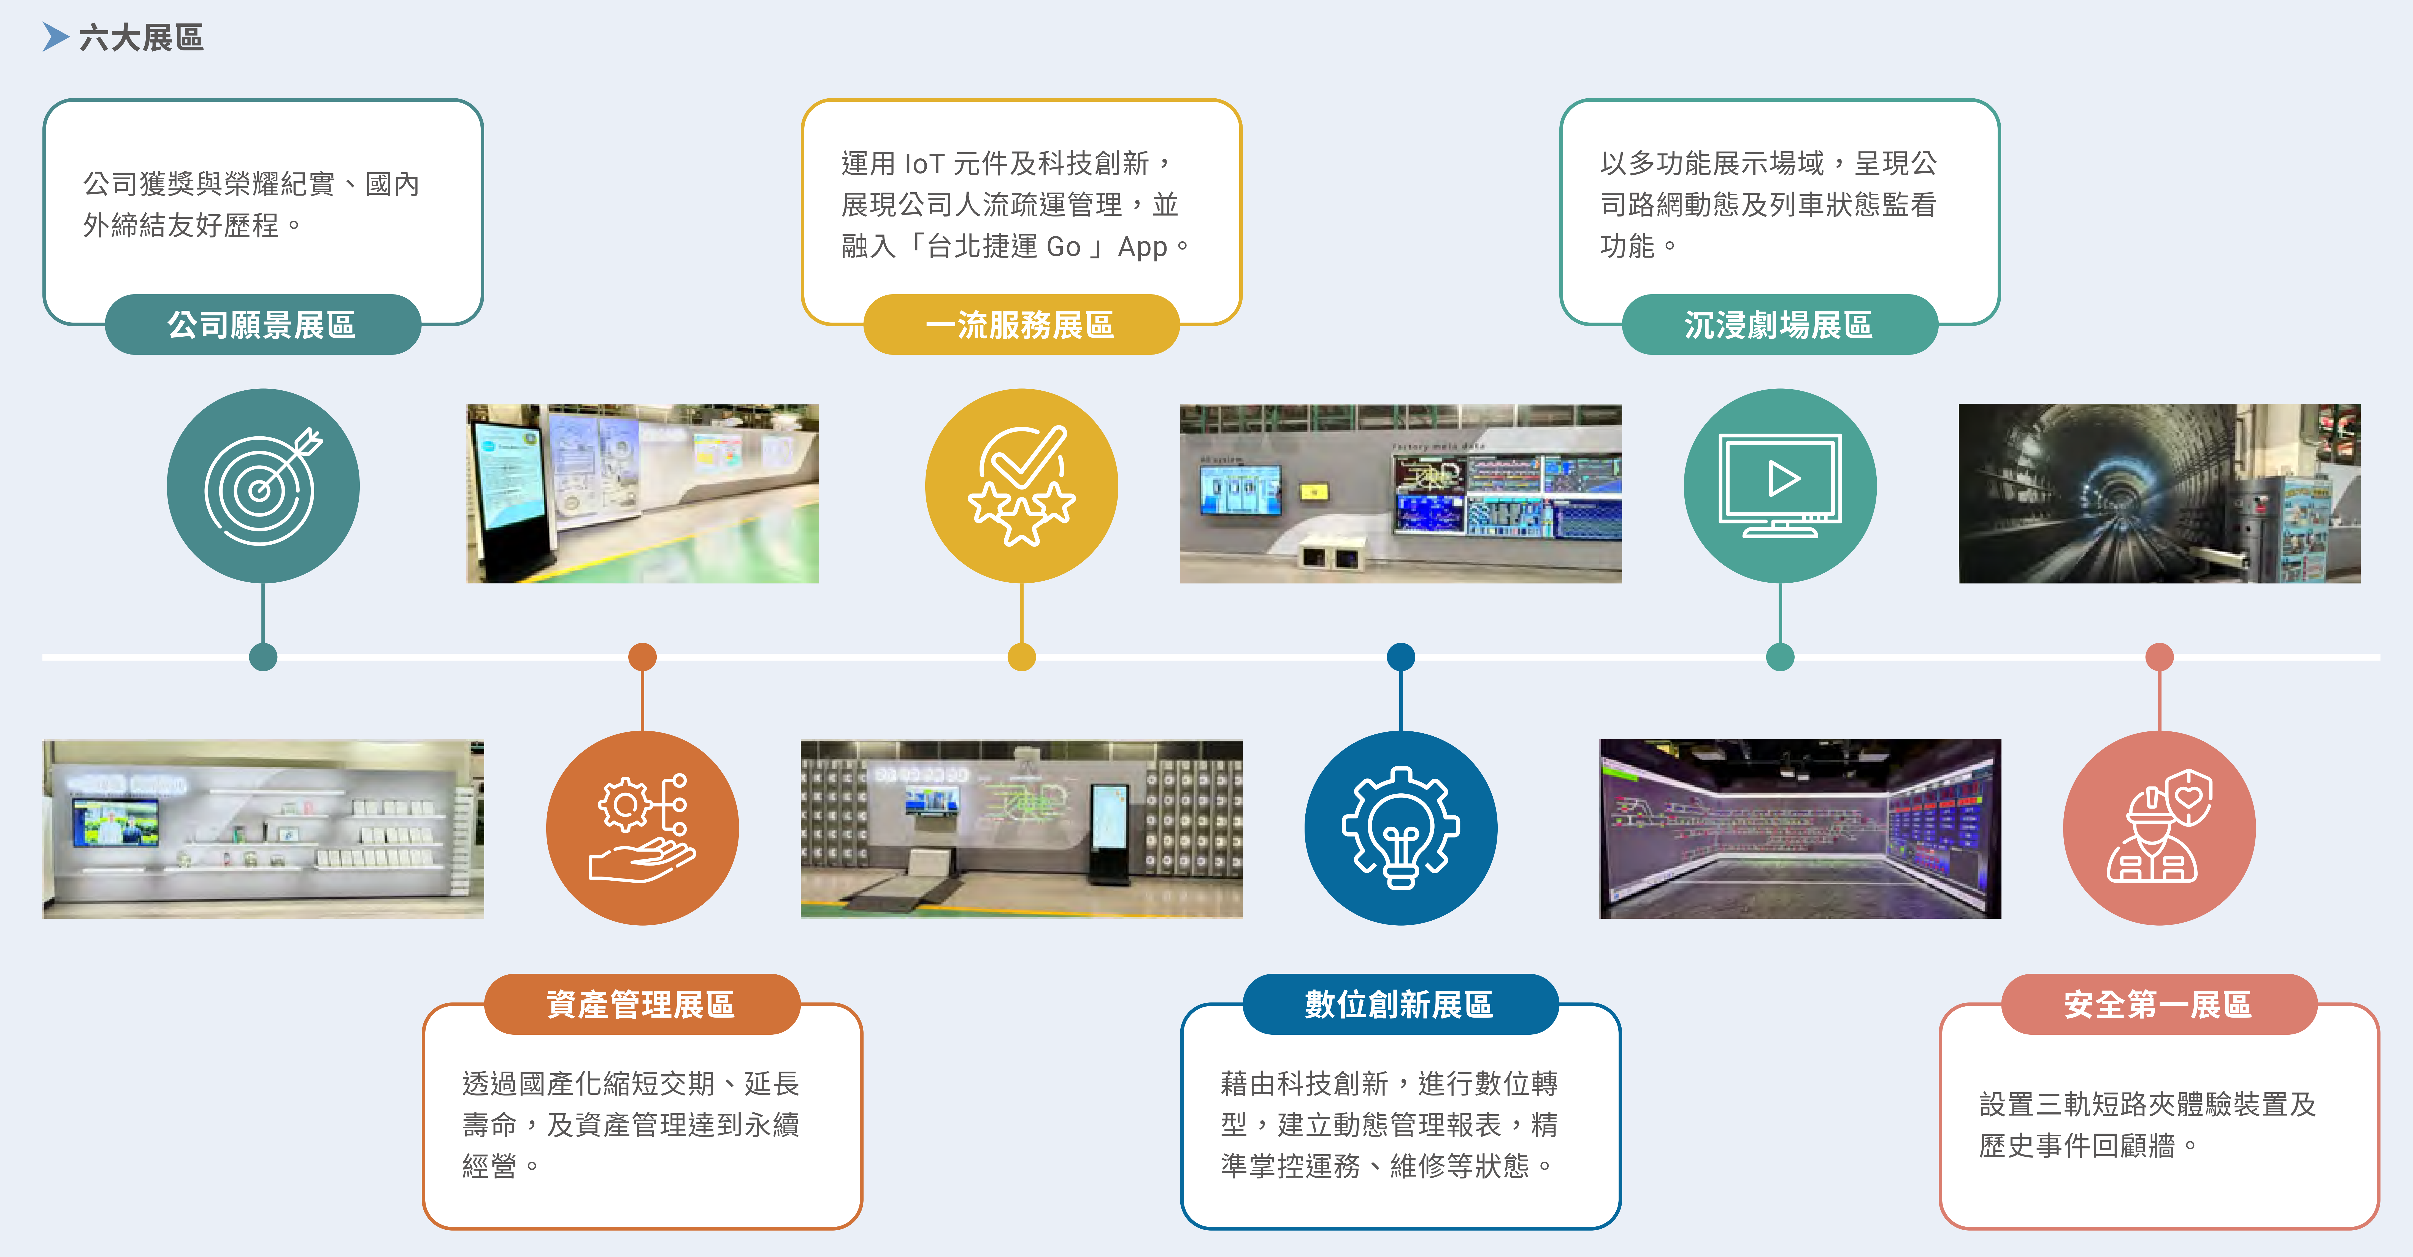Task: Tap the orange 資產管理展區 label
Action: click(642, 1004)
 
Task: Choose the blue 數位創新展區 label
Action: click(1400, 1004)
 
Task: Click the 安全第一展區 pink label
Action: click(2159, 1004)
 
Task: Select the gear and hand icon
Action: click(643, 828)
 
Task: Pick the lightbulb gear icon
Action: click(1400, 828)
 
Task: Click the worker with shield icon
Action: click(2159, 828)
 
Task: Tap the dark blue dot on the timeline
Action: click(1400, 657)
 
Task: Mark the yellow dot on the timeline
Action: click(1021, 657)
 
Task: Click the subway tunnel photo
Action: click(2159, 494)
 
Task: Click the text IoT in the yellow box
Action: click(924, 164)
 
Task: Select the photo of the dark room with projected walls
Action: click(1800, 829)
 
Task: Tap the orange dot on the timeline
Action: click(643, 657)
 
